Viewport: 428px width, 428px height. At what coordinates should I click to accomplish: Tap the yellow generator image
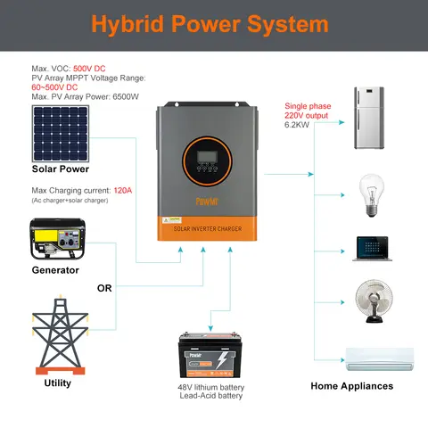click(x=55, y=240)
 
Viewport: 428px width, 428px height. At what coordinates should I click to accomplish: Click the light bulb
click(x=369, y=191)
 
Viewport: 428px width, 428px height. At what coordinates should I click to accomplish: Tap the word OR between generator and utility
click(x=105, y=287)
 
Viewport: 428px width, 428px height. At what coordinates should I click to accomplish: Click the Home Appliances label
click(x=351, y=386)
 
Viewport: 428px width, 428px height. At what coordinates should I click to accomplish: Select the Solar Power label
click(x=61, y=169)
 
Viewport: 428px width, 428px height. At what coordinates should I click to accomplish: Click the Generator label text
click(x=55, y=269)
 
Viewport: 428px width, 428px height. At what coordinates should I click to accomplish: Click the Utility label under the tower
click(x=57, y=383)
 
